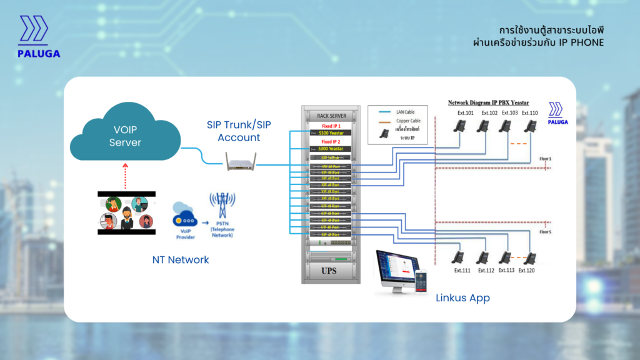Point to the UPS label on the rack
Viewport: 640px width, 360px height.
(330, 269)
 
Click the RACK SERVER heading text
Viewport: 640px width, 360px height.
(331, 116)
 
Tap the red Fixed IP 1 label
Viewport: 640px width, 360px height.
(331, 126)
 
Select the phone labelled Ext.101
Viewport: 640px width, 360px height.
(459, 126)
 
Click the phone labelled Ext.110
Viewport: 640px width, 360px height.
(530, 126)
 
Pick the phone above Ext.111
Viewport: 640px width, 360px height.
(459, 257)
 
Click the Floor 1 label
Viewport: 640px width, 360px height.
(545, 159)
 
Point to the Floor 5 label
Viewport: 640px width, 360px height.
(545, 232)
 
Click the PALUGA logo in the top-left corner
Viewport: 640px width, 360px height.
(39, 37)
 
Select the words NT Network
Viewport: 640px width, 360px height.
(181, 259)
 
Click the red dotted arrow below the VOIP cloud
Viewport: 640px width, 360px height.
(126, 176)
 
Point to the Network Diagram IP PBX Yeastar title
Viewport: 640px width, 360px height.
(488, 102)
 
